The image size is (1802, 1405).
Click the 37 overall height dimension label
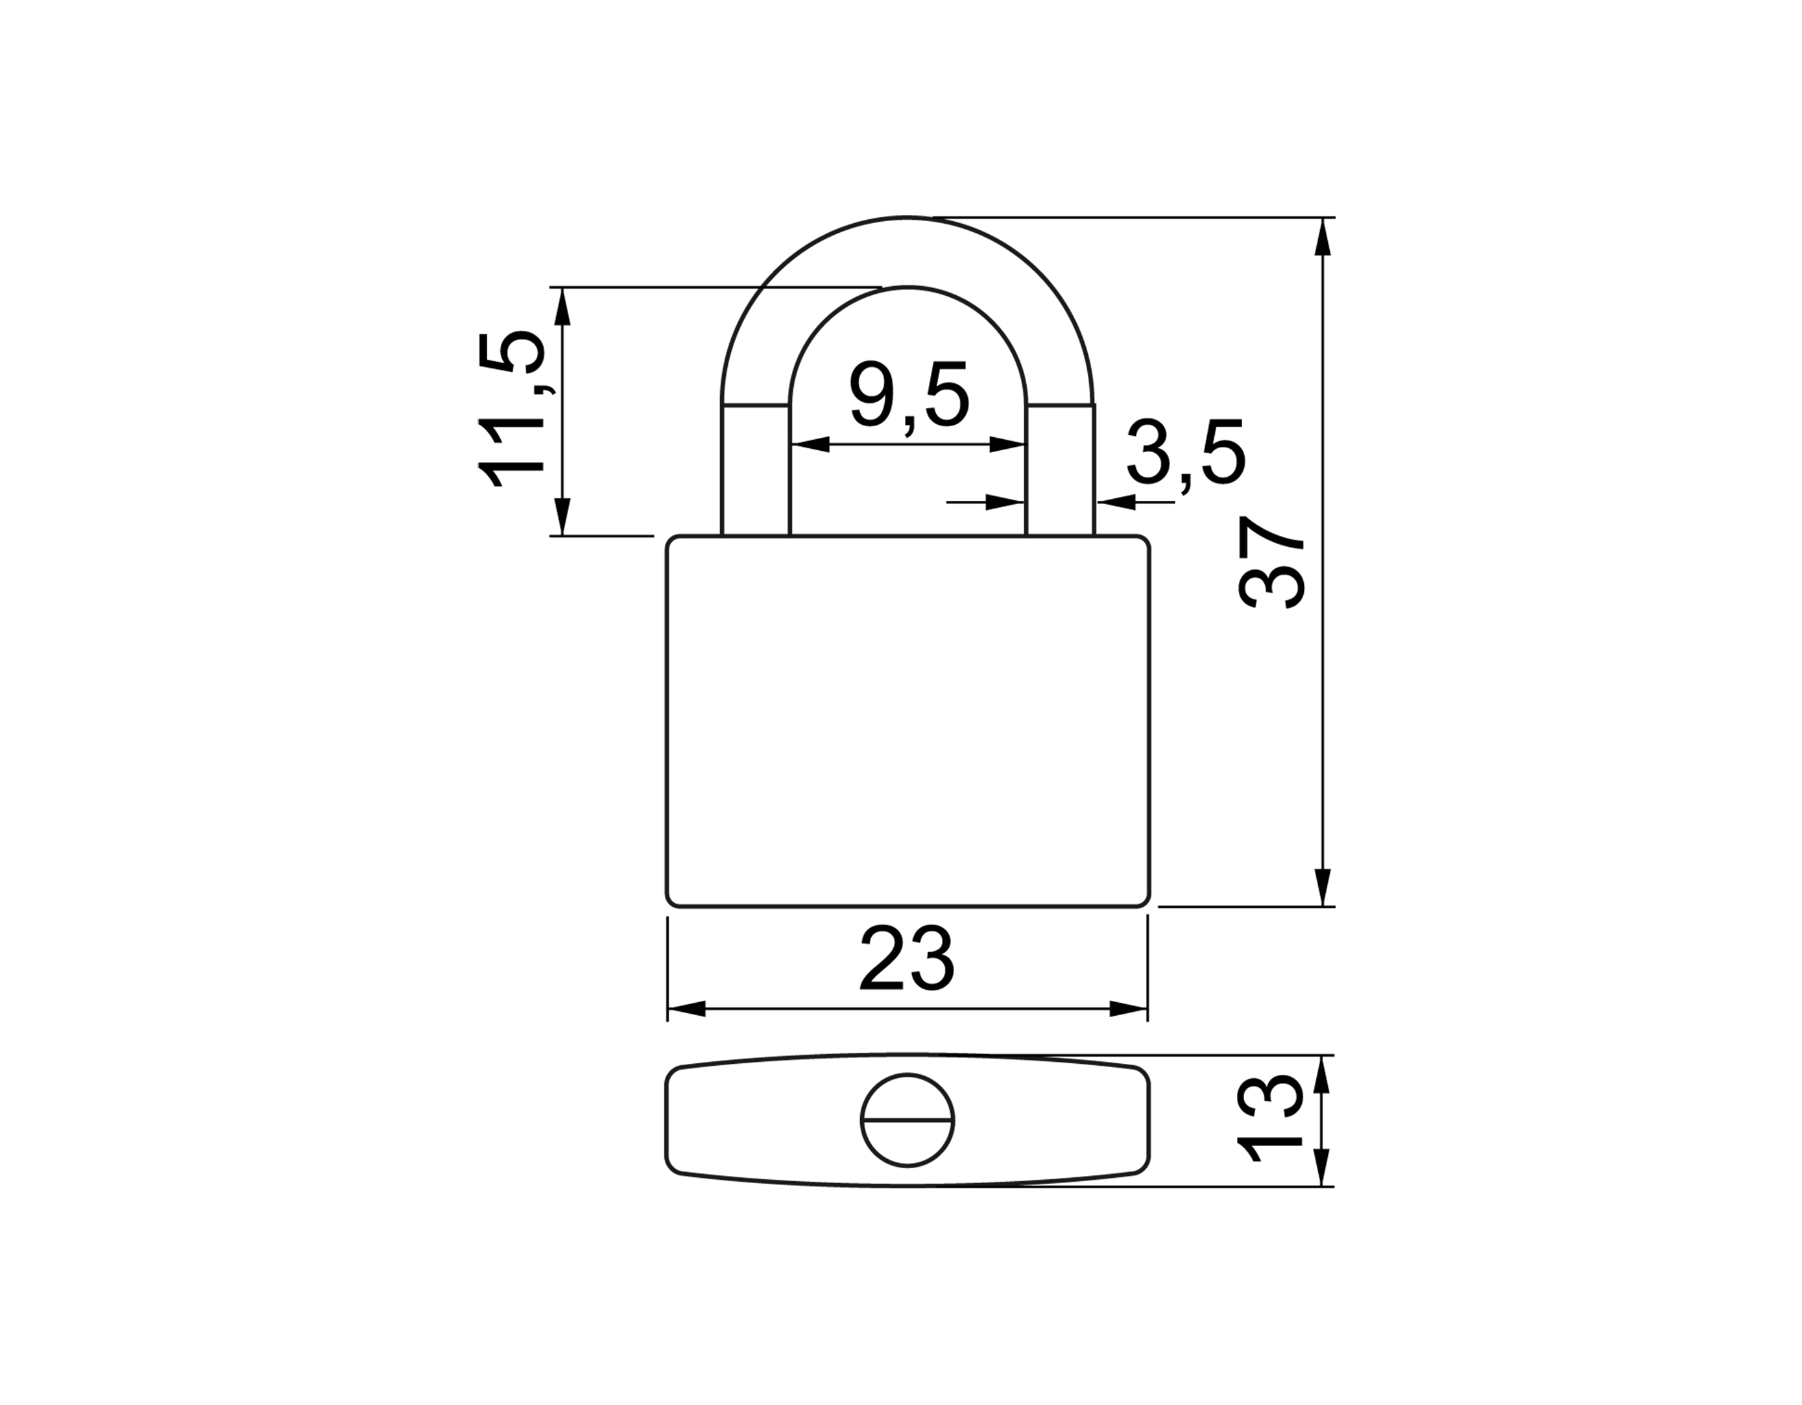(1271, 562)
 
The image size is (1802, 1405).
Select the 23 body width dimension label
(907, 959)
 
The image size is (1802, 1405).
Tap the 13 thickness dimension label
(1271, 1120)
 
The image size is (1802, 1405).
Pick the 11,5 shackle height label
(512, 410)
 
